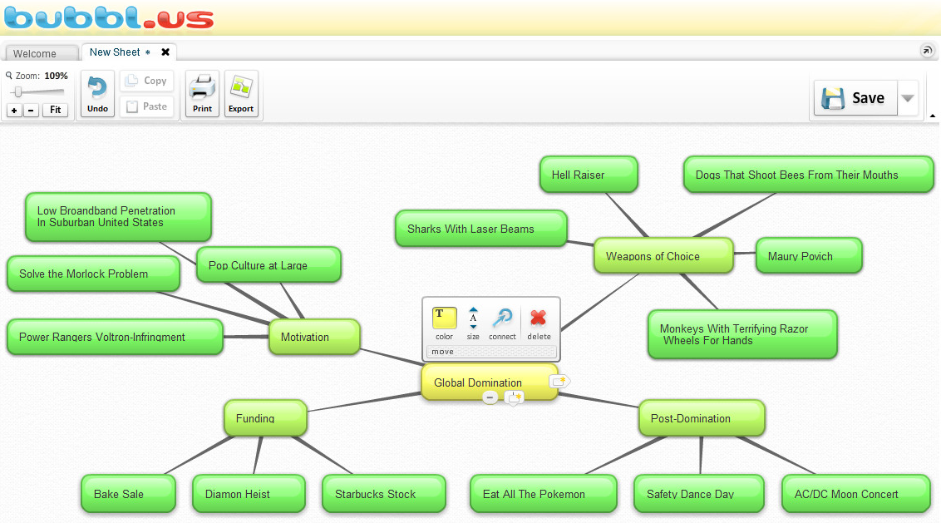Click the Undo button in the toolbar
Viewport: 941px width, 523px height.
[97, 94]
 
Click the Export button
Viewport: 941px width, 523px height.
[241, 94]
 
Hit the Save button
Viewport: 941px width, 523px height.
[855, 98]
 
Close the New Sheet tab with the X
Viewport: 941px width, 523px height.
[165, 52]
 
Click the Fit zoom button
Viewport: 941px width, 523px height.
[56, 110]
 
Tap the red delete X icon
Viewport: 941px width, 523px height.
[539, 318]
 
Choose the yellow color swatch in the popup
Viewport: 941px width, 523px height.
[444, 318]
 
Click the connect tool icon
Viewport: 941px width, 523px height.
[502, 318]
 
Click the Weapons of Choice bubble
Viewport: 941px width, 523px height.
[663, 256]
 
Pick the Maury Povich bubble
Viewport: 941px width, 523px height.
[808, 256]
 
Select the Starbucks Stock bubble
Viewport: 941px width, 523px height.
[383, 494]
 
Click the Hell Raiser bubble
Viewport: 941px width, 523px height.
[588, 175]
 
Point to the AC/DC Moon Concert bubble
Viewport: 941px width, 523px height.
[855, 494]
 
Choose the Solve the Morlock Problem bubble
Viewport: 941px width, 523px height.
[93, 274]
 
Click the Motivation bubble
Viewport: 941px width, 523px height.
[314, 337]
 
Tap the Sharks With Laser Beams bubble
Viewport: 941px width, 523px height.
[480, 229]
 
